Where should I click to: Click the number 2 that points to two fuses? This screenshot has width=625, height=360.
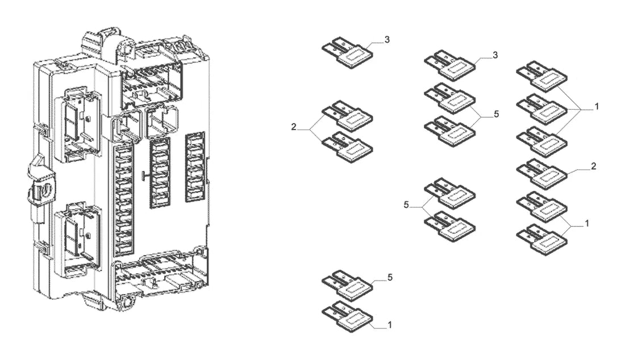point(294,127)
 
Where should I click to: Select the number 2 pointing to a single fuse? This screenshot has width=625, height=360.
point(594,166)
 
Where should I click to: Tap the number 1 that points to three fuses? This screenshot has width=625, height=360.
point(596,107)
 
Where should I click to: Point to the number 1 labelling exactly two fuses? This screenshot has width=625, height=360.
point(587,224)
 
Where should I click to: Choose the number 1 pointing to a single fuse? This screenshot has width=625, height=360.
point(390,325)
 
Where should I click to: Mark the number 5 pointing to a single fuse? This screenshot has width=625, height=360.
point(390,277)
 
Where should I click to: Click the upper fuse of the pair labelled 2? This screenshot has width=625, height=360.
point(347,116)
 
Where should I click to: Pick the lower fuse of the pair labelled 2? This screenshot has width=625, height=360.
point(347,147)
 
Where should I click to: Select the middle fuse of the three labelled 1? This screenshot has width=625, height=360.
point(541,110)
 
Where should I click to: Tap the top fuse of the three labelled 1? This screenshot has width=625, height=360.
point(541,77)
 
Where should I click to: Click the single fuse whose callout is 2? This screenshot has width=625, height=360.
point(541,175)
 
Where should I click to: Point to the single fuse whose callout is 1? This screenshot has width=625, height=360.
point(347,317)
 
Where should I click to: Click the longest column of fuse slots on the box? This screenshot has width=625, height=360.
point(124,200)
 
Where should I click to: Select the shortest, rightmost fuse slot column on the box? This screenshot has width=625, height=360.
point(195,167)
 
